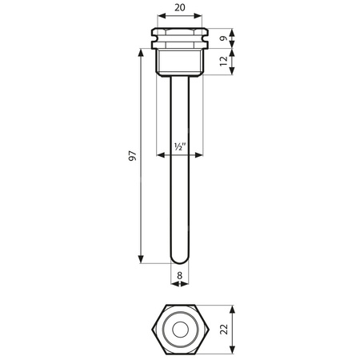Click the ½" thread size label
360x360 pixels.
tap(180, 147)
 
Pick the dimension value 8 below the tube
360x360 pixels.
tap(180, 274)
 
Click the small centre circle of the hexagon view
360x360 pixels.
tap(180, 329)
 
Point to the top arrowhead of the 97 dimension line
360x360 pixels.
tap(142, 50)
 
